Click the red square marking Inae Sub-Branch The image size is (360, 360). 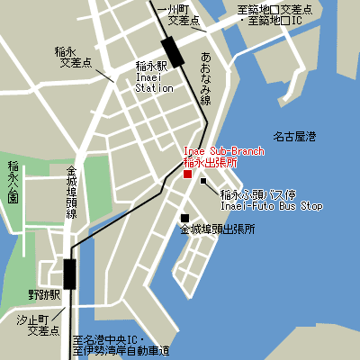pos(187,175)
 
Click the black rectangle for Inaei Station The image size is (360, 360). pos(172,52)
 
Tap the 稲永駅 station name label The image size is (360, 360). pos(151,67)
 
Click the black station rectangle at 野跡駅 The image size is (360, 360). pos(69,273)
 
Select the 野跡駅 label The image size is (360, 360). pos(43,294)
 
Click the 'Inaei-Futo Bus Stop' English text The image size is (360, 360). pos(272,206)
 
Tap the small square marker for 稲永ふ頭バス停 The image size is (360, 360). pos(204,181)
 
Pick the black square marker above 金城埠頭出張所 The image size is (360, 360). pos(184,217)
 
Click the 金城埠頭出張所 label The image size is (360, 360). pos(217,230)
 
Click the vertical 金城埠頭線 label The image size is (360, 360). pos(72,193)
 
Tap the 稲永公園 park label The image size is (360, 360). pos(13,184)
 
